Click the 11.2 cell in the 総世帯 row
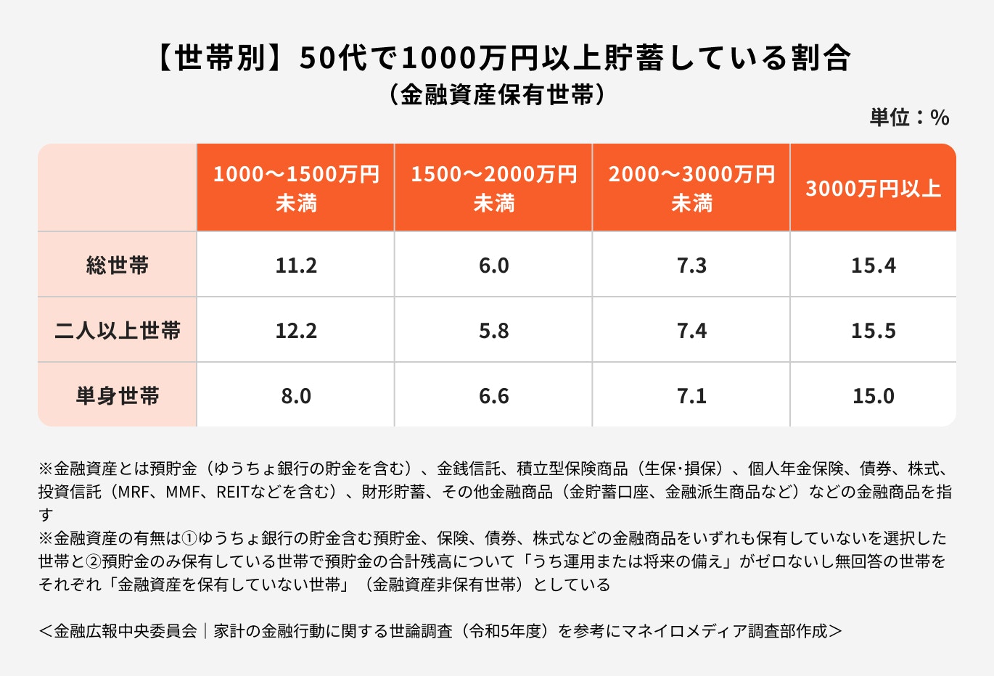[296, 265]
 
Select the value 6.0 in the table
[493, 265]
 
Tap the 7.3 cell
[691, 265]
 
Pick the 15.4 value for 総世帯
[873, 265]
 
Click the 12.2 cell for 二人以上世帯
[296, 331]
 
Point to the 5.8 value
[493, 331]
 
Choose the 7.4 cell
[691, 331]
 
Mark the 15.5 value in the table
[873, 331]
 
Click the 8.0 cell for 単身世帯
[296, 396]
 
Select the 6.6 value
[493, 396]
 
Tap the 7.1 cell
[691, 396]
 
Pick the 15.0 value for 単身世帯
[873, 396]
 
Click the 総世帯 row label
[118, 265]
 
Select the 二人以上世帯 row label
[118, 331]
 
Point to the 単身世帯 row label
[118, 396]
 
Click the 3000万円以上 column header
[873, 189]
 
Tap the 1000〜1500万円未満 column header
[296, 189]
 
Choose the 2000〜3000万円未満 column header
[691, 189]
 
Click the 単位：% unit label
[909, 118]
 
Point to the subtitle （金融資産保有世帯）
[497, 95]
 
